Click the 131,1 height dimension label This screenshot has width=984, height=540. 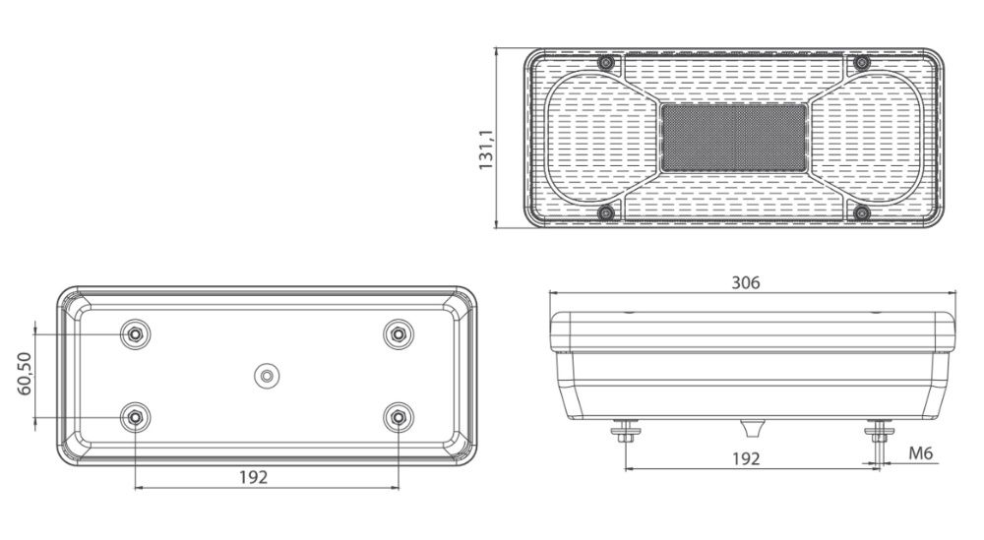click(486, 150)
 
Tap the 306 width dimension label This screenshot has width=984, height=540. click(746, 283)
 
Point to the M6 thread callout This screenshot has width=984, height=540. click(921, 452)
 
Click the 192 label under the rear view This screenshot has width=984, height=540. click(254, 477)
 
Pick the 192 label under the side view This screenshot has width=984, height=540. click(746, 459)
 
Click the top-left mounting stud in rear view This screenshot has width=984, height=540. click(135, 334)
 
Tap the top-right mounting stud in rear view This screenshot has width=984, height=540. click(398, 334)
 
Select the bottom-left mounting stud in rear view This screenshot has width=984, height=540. click(135, 416)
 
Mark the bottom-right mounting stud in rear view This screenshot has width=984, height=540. click(398, 416)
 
